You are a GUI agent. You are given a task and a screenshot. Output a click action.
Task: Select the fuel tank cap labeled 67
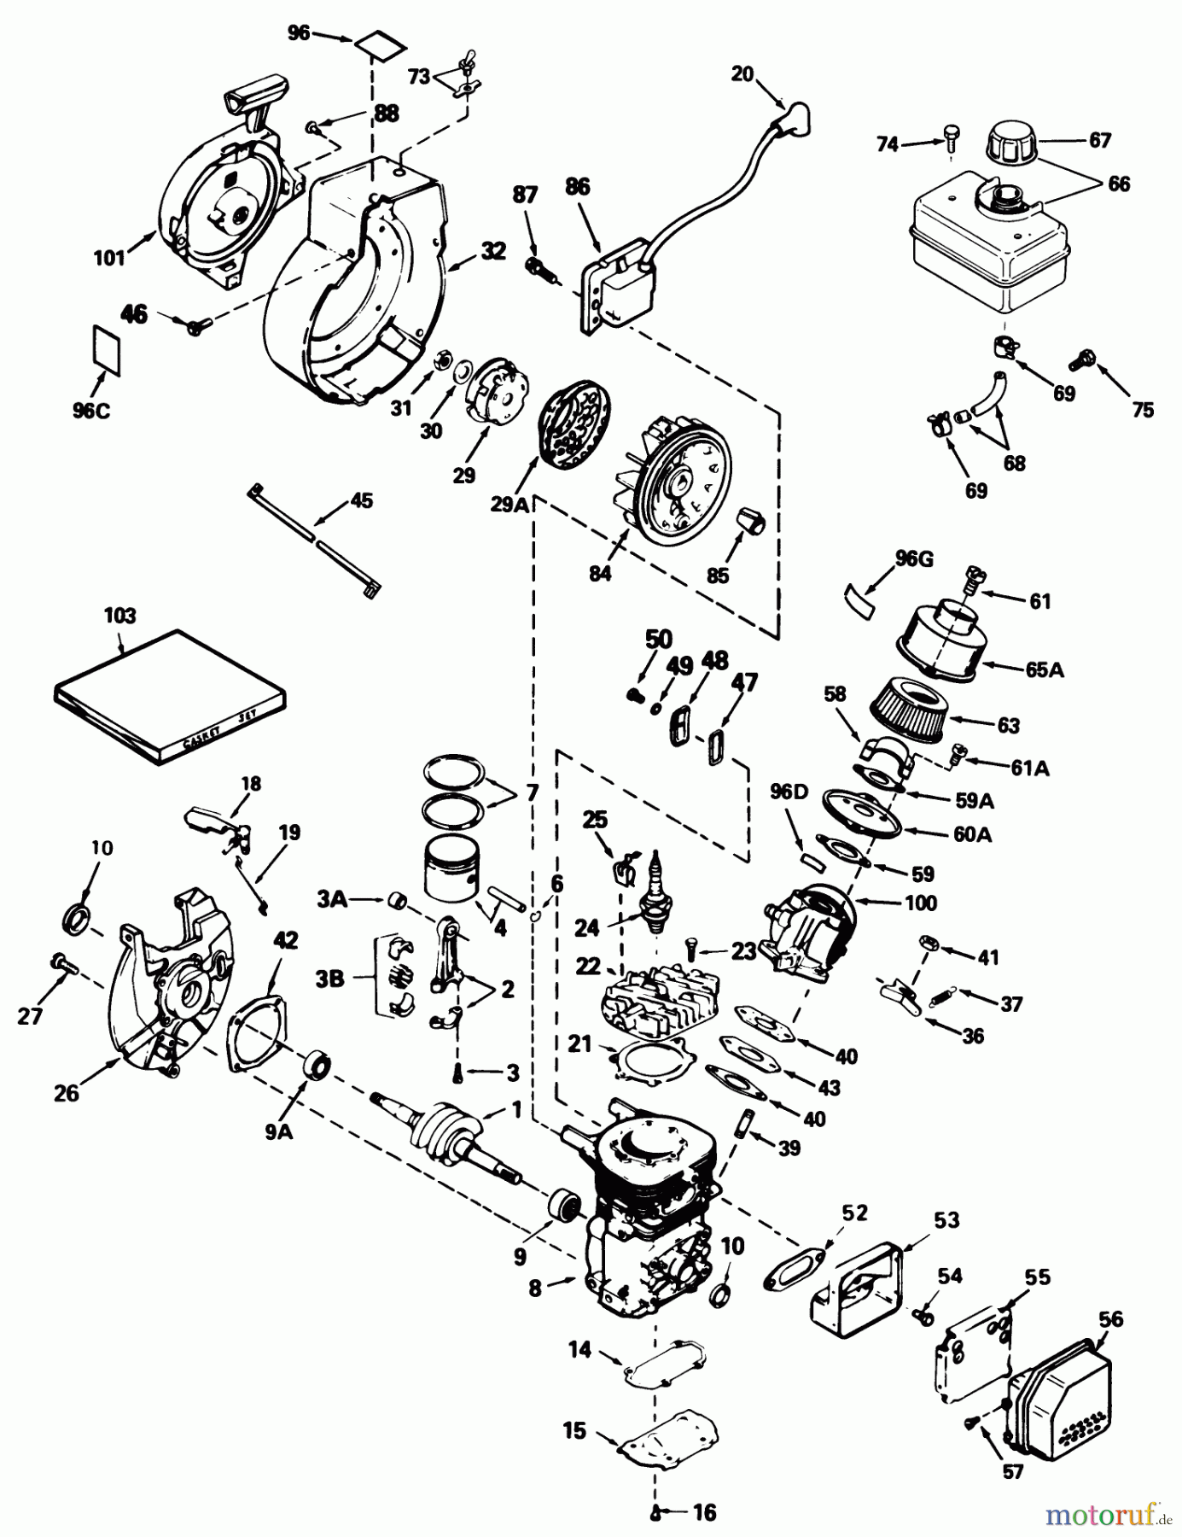(x=1013, y=148)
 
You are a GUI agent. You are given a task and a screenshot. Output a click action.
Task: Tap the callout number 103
(x=120, y=615)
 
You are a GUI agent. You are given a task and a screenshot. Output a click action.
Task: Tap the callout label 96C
(x=91, y=409)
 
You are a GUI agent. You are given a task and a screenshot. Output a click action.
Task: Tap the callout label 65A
(x=1045, y=669)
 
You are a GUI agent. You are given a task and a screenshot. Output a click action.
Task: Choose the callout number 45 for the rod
(x=362, y=500)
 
